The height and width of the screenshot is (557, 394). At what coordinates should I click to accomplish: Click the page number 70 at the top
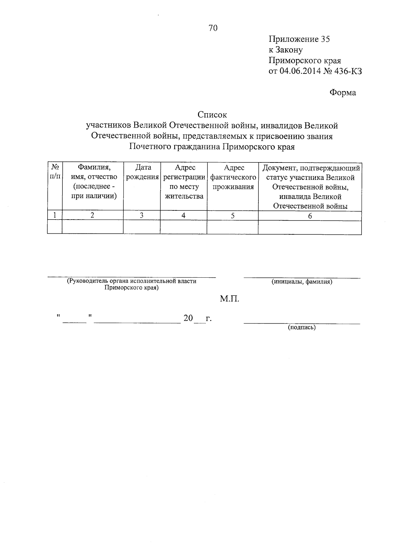213,28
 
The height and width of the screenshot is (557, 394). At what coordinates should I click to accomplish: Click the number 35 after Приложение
325,39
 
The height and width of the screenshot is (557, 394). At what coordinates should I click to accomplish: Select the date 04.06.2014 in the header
299,71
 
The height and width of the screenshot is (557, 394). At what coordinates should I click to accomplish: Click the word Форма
342,93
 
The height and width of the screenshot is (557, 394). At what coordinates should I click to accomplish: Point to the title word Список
212,115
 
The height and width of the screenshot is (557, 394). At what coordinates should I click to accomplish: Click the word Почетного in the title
149,146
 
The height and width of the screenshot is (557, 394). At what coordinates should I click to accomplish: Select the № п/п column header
55,172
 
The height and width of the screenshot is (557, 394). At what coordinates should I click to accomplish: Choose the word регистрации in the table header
184,177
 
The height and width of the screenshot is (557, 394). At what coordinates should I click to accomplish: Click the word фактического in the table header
233,177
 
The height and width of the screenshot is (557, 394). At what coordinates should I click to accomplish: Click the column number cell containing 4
184,215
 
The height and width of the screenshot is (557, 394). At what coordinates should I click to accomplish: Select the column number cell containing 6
310,216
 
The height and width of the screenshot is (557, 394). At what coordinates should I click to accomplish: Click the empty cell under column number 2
93,227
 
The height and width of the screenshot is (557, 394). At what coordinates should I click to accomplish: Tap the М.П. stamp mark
230,299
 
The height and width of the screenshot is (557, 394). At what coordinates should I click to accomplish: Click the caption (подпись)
302,327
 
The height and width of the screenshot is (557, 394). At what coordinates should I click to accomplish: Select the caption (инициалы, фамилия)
302,281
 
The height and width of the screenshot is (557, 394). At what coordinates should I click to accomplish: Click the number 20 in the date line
188,318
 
